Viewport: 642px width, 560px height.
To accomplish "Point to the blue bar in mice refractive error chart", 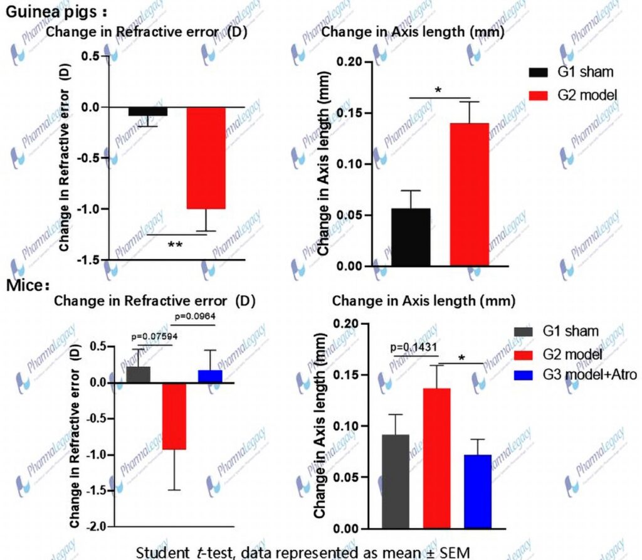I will tap(211, 376).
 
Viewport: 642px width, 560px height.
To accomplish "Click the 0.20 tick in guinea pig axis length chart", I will tap(349, 61).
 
